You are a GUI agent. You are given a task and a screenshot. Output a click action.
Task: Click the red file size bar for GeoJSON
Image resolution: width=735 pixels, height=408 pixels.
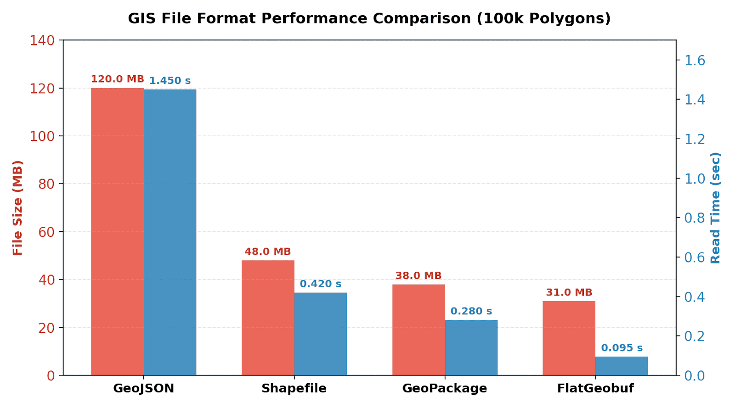coord(118,232)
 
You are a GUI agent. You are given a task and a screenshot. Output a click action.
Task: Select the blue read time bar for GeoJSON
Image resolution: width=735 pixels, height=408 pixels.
coord(170,232)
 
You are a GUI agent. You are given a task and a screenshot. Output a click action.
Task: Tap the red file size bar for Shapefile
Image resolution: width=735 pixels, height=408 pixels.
coord(268,318)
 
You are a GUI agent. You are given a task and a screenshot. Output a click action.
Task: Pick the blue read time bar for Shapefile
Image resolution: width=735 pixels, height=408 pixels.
coord(321,334)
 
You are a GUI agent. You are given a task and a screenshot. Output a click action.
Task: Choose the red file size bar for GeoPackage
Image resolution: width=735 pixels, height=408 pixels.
coord(418,330)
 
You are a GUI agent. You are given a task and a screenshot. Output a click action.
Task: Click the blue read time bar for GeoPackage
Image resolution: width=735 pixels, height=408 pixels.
coord(471,348)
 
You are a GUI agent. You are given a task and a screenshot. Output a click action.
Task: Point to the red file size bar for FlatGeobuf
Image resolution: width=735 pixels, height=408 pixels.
coord(569,338)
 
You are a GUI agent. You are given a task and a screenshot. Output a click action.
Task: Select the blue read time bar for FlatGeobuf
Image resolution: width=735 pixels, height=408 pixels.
coord(622,366)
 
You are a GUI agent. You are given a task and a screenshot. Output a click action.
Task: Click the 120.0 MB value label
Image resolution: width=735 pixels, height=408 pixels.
coord(118,79)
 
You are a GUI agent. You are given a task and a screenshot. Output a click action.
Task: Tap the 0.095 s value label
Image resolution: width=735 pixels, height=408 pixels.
coord(622,348)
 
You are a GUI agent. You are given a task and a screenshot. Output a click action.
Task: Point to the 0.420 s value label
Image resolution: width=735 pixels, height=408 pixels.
coord(321,284)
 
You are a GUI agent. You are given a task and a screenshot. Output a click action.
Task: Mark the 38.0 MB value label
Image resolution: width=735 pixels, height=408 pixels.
coord(418,276)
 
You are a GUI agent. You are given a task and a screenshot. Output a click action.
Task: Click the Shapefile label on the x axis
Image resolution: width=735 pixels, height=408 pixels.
coord(294,388)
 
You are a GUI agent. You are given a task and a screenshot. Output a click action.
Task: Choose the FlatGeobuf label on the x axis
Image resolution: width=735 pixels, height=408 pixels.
coord(595,388)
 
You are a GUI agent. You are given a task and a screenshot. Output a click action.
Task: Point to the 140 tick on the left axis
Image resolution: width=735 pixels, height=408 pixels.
coord(42,41)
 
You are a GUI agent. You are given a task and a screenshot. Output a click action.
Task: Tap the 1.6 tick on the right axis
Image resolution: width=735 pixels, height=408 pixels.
coord(695,61)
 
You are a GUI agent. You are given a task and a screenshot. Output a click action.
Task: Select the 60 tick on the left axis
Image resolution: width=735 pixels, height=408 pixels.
coord(46,232)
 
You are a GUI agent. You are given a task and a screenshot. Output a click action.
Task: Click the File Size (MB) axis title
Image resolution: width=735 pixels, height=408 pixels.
coord(17,208)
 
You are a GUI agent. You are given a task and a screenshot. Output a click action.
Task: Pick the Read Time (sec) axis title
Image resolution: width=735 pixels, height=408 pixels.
coord(715,208)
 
